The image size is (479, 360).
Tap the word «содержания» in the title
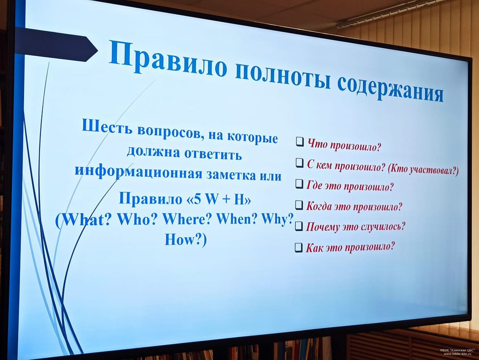pos(390,90)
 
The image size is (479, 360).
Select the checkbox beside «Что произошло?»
pos(300,142)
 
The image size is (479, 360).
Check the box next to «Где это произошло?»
pos(299,184)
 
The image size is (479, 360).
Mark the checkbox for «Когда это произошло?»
pos(299,205)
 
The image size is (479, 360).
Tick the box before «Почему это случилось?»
pos(299,226)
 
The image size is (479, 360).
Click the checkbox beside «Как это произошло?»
pos(299,247)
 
